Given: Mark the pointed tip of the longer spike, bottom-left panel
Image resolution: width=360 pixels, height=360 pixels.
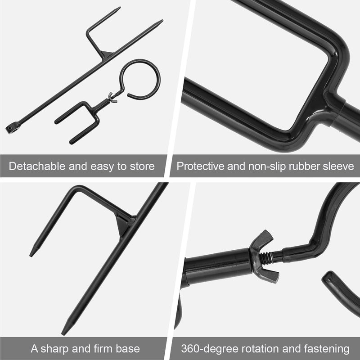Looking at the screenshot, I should click(64, 332).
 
